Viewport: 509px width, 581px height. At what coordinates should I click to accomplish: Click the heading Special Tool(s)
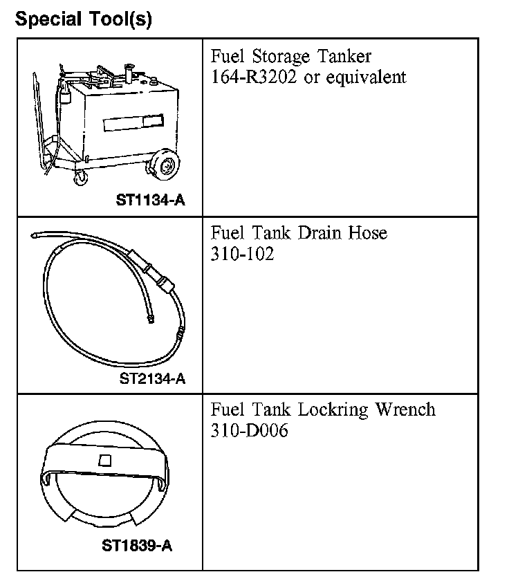[x=84, y=19]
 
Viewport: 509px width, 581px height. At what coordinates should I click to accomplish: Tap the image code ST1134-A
[x=150, y=201]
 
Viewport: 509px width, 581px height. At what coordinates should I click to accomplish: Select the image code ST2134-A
[x=152, y=378]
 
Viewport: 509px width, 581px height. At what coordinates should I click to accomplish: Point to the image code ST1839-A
[x=137, y=546]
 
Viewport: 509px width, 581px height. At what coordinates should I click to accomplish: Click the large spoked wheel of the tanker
[x=165, y=166]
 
